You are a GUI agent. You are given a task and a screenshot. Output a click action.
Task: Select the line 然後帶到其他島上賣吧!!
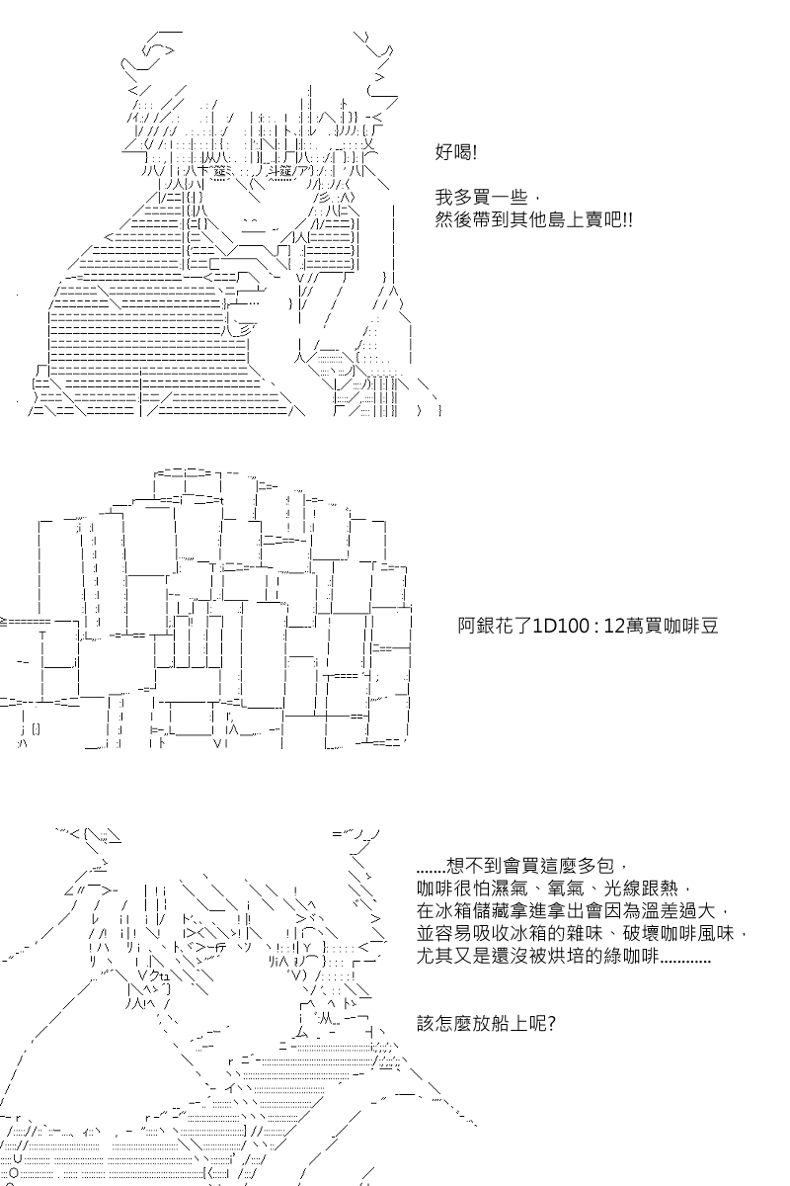[533, 219]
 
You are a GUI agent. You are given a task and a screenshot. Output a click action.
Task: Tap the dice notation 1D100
[557, 626]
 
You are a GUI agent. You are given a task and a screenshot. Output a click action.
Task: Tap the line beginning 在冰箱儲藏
[573, 910]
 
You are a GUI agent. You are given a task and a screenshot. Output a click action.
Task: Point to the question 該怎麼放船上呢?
[486, 1023]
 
